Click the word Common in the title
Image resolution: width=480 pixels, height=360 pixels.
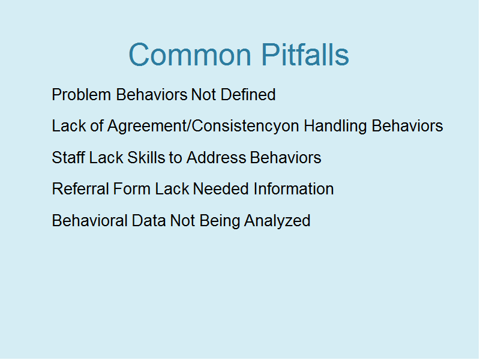(190, 55)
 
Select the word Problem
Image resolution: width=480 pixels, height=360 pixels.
(82, 95)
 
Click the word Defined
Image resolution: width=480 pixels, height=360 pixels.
(248, 95)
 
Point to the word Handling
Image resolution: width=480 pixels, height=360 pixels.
(335, 127)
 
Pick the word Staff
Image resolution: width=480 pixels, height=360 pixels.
(68, 158)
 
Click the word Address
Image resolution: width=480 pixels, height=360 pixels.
(217, 158)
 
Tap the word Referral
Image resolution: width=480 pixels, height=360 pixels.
(80, 189)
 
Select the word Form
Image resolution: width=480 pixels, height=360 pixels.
(131, 189)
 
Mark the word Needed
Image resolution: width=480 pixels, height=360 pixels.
(221, 189)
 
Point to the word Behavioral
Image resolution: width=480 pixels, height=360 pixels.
(89, 221)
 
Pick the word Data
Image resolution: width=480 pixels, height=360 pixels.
(149, 221)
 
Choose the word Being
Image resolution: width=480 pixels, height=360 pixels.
(220, 221)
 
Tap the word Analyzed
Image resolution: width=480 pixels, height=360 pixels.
(277, 221)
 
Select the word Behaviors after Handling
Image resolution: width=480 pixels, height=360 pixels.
(407, 126)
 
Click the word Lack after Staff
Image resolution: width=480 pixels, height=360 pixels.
(106, 158)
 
